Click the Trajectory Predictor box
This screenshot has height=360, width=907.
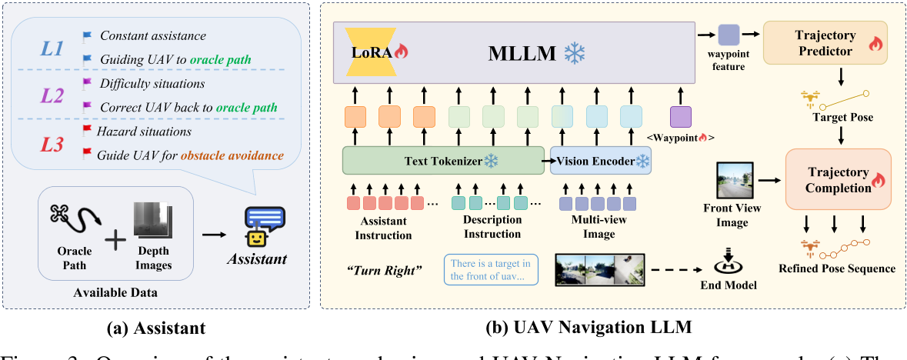pos(825,42)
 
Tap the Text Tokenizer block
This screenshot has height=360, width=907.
pos(442,162)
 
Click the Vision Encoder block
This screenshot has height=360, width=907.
pos(598,162)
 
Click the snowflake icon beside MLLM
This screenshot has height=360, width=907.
pos(575,52)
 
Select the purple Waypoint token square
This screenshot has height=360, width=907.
pos(680,116)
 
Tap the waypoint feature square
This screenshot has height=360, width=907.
pos(728,35)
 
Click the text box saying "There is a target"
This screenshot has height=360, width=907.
pos(491,271)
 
